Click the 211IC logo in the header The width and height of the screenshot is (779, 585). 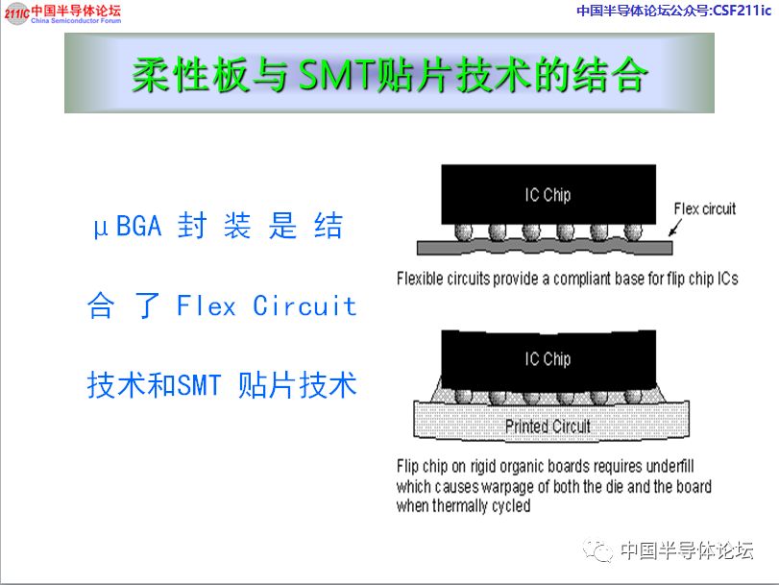pyautogui.click(x=16, y=13)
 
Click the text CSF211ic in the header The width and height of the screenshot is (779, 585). pyautogui.click(x=742, y=10)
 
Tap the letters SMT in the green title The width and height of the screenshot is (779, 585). pyautogui.click(x=336, y=75)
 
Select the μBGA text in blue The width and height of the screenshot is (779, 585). pyautogui.click(x=128, y=227)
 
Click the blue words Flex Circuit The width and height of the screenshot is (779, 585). pyautogui.click(x=267, y=305)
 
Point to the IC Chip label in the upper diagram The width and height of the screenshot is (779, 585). pyautogui.click(x=548, y=195)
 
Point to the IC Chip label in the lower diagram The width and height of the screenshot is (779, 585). pyautogui.click(x=548, y=359)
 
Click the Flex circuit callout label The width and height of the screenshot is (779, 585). pyautogui.click(x=704, y=208)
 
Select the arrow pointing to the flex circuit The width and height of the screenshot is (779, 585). pyautogui.click(x=675, y=227)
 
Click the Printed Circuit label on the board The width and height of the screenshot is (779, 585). pyautogui.click(x=548, y=426)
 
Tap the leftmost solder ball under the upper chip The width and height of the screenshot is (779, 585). pyautogui.click(x=464, y=232)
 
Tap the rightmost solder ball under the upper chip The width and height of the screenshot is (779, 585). pyautogui.click(x=632, y=232)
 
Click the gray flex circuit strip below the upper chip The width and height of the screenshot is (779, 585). pyautogui.click(x=545, y=247)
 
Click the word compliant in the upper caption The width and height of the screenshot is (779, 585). pyautogui.click(x=580, y=279)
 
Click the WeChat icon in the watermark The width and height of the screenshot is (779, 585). pyautogui.click(x=598, y=550)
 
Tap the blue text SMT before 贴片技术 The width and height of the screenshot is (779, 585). pyautogui.click(x=199, y=385)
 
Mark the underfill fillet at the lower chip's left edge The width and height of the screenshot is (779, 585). pyautogui.click(x=436, y=392)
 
